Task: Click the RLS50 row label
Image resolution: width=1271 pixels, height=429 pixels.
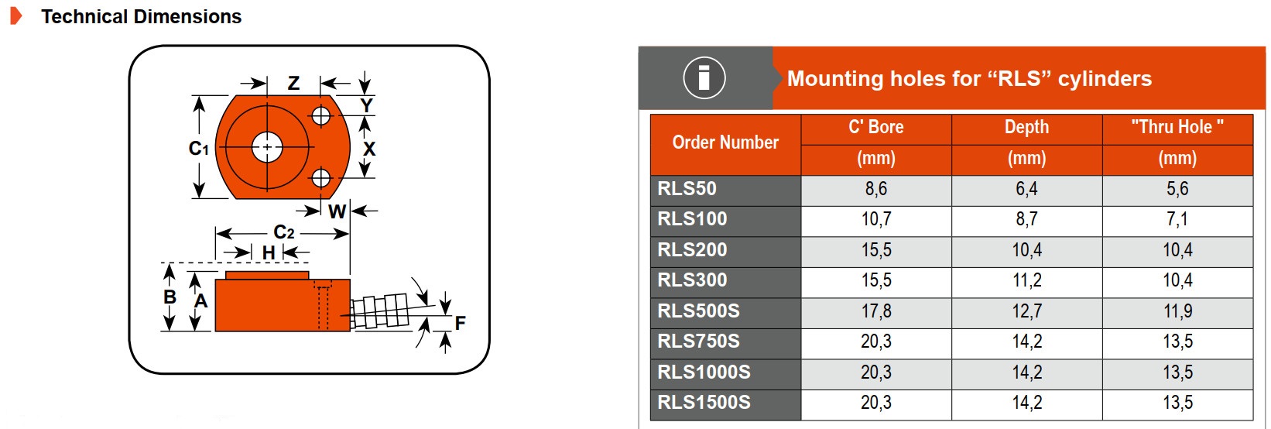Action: point(687,189)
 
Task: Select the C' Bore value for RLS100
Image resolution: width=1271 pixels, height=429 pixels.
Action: point(876,220)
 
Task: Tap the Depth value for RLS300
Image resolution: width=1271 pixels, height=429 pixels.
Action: point(1027,280)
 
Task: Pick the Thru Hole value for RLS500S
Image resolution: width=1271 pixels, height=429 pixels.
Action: point(1177,311)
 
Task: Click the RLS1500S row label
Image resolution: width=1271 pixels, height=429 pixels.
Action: point(704,403)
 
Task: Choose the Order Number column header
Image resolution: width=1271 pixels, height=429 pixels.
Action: point(725,142)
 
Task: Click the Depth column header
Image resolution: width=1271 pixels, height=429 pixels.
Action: point(1027,128)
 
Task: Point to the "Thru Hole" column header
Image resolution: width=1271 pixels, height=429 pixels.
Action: point(1177,128)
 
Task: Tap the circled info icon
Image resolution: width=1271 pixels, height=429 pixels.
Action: point(704,78)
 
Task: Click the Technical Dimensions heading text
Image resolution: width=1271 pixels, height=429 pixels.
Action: point(141,17)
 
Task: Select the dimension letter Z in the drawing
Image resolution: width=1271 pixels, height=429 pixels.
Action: point(293,83)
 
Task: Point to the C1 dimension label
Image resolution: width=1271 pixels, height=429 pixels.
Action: point(199,149)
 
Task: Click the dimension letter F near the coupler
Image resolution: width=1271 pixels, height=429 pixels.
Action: point(461,323)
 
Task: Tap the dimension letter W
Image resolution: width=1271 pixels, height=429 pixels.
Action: point(337,211)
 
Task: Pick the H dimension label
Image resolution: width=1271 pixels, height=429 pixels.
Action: point(269,253)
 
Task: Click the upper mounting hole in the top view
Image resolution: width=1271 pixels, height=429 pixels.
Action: point(320,116)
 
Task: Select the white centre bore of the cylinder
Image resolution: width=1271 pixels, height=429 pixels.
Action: point(267,147)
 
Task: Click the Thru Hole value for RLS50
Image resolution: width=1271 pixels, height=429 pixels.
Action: point(1177,189)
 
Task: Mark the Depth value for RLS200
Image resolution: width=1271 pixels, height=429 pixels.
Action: point(1027,250)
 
